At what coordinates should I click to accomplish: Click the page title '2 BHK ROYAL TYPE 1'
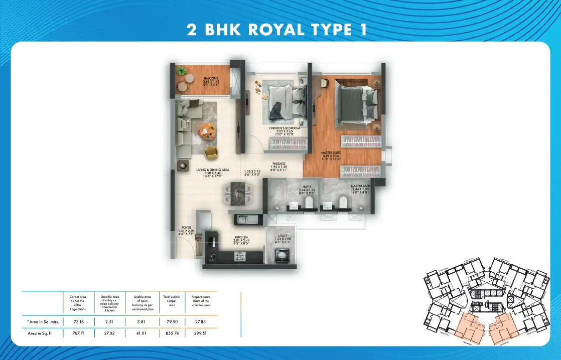(276, 29)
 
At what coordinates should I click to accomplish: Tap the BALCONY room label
(210, 79)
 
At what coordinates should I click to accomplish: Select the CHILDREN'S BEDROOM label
(285, 128)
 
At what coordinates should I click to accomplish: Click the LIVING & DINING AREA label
(213, 170)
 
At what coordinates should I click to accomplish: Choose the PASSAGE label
(279, 163)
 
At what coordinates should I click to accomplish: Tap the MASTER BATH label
(360, 186)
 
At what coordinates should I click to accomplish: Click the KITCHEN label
(241, 238)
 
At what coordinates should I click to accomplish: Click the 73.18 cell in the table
(78, 320)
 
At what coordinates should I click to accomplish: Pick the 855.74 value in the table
(172, 331)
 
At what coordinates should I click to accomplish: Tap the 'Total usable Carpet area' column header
(172, 301)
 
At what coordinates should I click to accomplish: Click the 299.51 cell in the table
(201, 331)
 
